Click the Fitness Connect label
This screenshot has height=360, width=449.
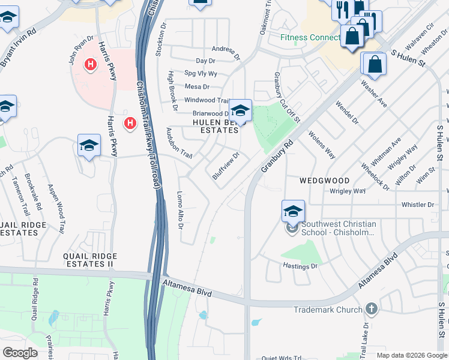(310, 37)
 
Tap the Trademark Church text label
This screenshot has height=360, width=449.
(328, 310)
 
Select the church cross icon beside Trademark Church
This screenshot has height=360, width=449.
(372, 309)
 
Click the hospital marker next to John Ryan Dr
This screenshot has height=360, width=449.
(91, 64)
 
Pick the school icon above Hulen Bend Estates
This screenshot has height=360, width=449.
(240, 110)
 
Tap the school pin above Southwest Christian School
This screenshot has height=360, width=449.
(293, 211)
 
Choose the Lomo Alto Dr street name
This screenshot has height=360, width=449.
(179, 210)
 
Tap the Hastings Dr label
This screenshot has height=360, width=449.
(300, 265)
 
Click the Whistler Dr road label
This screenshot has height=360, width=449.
(417, 205)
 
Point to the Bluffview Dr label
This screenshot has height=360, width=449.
(226, 165)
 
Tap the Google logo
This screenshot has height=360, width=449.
(20, 353)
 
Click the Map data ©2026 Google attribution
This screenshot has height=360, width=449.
(412, 355)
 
